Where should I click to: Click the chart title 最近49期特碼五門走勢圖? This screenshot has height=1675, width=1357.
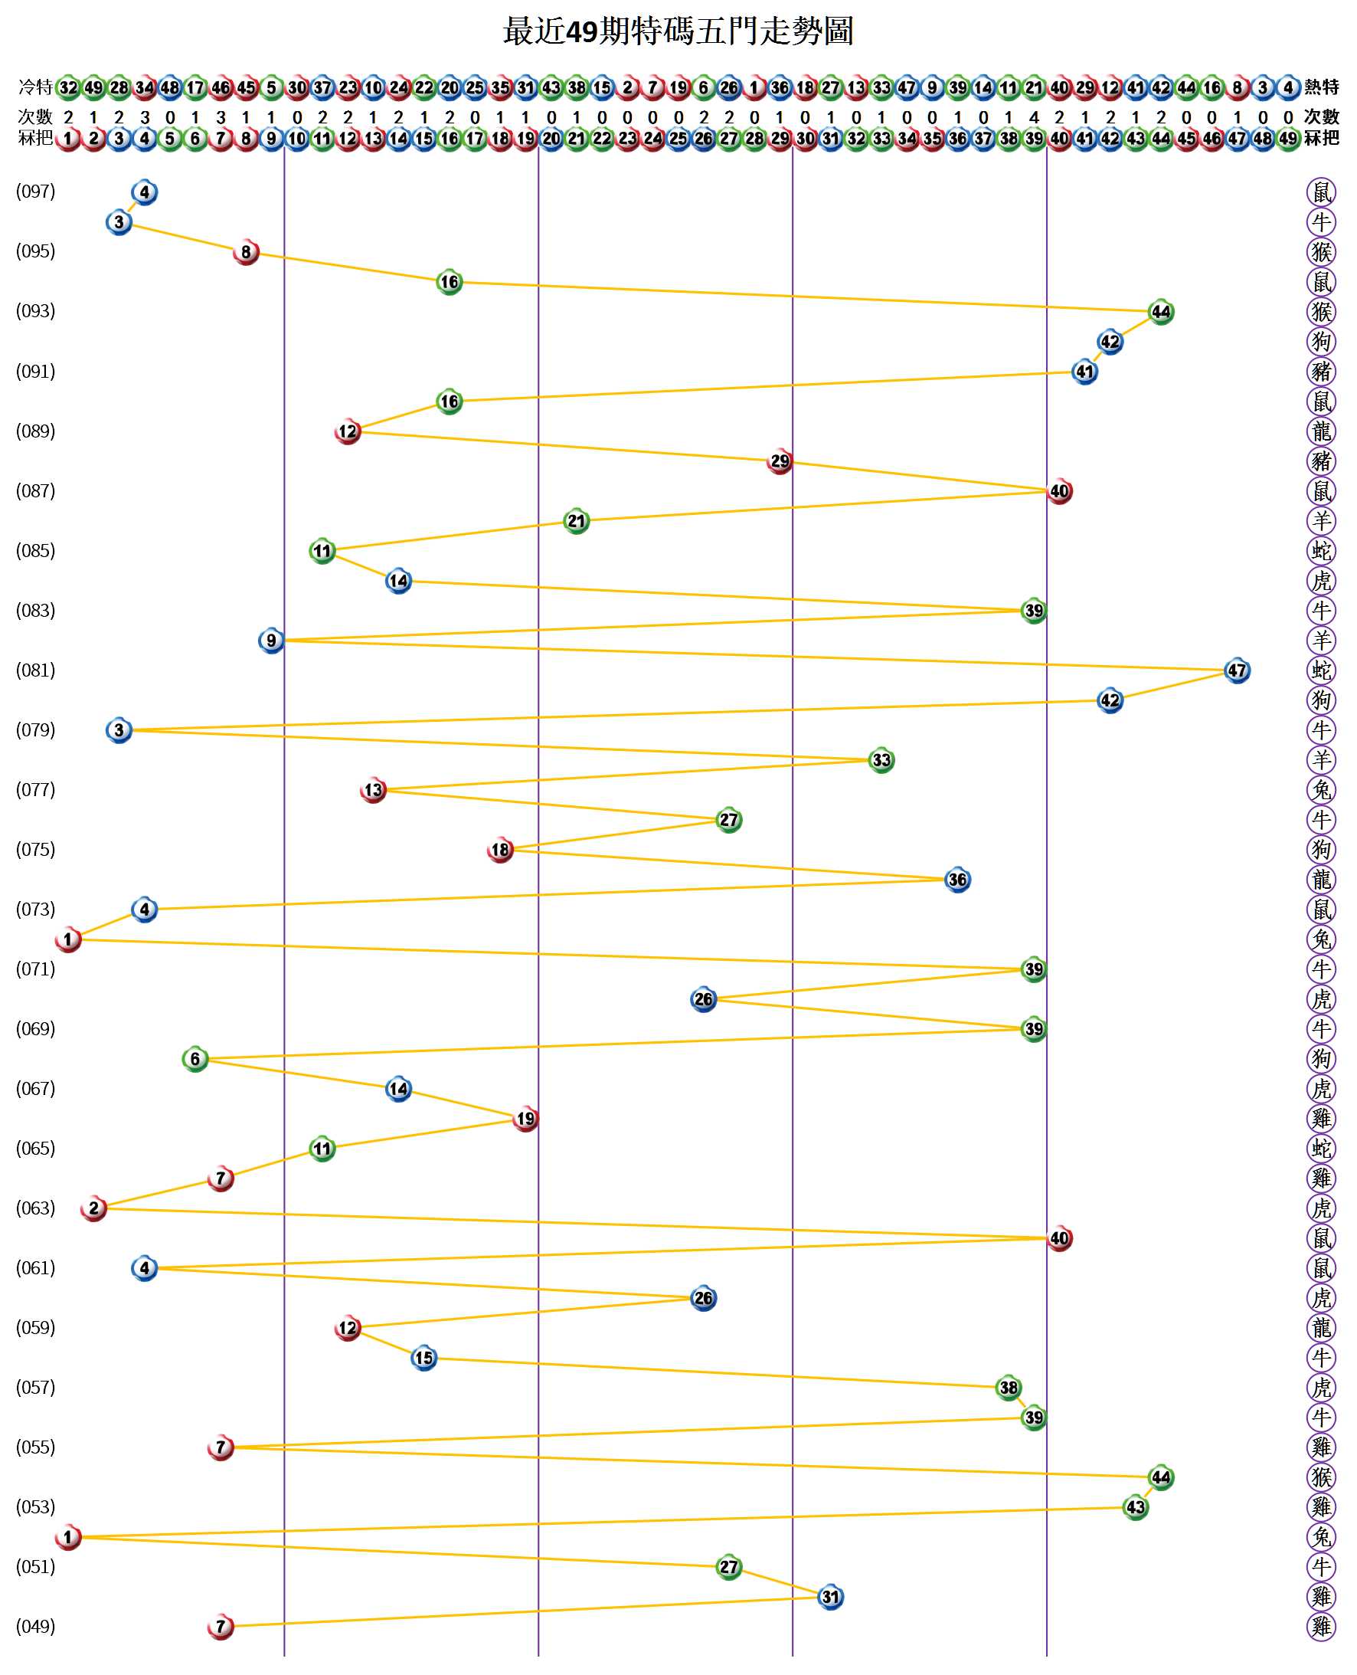tap(678, 32)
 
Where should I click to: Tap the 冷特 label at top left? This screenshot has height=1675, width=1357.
tap(35, 87)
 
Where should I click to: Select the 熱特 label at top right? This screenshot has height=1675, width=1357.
tap(1321, 87)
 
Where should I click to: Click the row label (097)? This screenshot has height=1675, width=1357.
tap(36, 192)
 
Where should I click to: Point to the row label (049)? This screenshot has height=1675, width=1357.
tap(36, 1627)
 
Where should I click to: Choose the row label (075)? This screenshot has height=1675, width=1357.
tap(36, 849)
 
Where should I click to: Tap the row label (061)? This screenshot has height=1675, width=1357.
tap(36, 1267)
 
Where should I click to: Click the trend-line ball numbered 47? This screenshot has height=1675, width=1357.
tap(1237, 670)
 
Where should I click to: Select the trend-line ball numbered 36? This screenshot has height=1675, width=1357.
tap(956, 880)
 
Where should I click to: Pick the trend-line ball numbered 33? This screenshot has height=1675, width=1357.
tap(881, 760)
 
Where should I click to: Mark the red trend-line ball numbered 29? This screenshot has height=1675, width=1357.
tap(780, 461)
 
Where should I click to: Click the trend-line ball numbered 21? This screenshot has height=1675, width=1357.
tap(576, 521)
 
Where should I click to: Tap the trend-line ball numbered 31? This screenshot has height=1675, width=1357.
tap(830, 1597)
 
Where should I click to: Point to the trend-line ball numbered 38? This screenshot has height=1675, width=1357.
tap(1009, 1388)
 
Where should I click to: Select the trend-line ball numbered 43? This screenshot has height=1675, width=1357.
tap(1135, 1507)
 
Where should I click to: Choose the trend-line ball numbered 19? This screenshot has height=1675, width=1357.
tap(525, 1119)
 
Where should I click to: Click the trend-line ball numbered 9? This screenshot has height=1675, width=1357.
tap(271, 641)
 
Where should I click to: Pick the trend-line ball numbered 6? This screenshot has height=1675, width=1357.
tap(195, 1059)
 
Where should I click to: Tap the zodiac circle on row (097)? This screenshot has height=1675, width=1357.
tap(1321, 192)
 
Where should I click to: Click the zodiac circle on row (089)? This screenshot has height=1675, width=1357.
tap(1321, 431)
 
